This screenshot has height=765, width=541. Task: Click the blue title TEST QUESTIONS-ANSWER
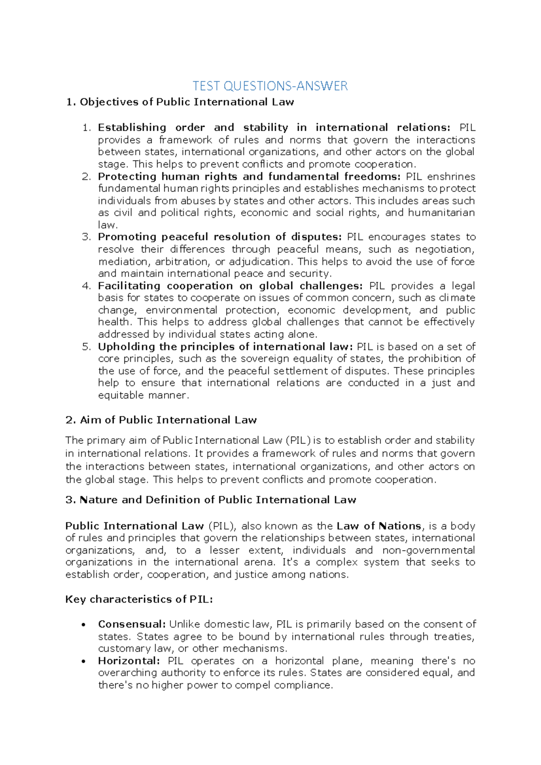tap(270, 86)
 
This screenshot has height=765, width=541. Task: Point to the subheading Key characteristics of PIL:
tap(139, 599)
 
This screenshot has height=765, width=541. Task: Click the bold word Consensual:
tap(132, 624)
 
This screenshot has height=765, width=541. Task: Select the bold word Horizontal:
tap(129, 661)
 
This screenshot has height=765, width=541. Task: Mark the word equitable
tap(120, 395)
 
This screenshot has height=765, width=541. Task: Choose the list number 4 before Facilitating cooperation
tap(86, 286)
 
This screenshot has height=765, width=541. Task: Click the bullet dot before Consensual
tap(83, 625)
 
